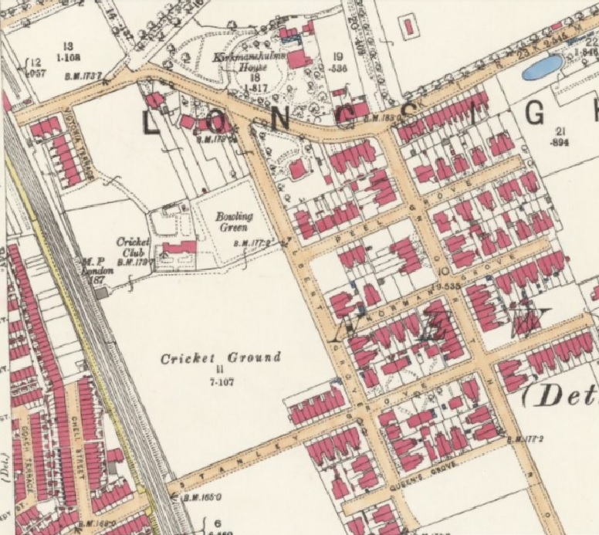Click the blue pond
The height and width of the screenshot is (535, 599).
coord(543,68)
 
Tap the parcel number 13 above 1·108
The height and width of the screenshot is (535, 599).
coord(68,46)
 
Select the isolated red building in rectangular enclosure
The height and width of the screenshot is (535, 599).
coord(408,27)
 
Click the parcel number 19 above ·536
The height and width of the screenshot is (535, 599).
coord(337,56)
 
